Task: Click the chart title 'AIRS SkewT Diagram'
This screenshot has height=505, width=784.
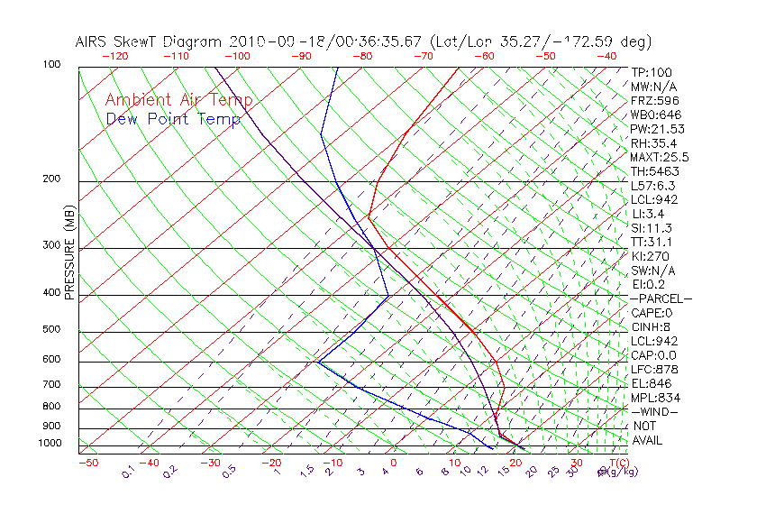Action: pos(150,42)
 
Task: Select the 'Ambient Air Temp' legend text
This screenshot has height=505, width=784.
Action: pos(178,100)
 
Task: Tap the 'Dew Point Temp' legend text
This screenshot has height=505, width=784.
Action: pos(173,119)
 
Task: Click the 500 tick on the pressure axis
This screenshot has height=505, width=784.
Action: pos(52,330)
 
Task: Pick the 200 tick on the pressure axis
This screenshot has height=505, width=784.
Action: pos(52,179)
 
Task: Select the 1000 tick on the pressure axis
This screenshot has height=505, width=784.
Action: pos(50,444)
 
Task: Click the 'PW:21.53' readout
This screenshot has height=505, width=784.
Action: pos(658,129)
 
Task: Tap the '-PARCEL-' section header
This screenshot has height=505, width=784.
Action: pos(661,298)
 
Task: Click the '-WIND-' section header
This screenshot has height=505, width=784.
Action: pos(654,411)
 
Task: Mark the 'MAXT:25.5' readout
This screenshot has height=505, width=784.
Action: pos(661,157)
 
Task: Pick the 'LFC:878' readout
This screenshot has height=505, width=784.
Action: pos(654,369)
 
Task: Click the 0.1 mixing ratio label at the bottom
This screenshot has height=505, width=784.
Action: pos(128,472)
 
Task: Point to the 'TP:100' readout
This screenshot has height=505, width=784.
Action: pos(651,72)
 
